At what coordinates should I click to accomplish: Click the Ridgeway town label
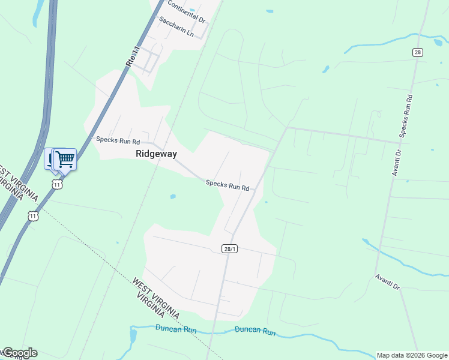pos(156,154)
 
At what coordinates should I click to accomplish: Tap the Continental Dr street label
pos(186,12)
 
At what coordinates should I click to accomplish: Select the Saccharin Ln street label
pos(176,26)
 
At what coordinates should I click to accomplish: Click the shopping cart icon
pos(65,160)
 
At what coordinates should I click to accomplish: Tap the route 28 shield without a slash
pos(417,53)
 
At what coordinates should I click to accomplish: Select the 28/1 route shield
pos(229,248)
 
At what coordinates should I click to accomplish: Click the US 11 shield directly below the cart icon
pos(57,185)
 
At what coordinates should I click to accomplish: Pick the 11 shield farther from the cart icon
pos(33,215)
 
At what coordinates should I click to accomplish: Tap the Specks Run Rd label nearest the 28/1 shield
pos(228,185)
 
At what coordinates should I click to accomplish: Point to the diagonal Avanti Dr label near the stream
pos(387,281)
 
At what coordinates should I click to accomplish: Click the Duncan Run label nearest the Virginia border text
pos(175,328)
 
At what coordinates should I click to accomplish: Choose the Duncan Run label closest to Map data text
pos(255,331)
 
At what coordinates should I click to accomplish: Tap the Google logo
pos(19,353)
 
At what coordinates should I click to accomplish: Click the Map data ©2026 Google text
pos(412,355)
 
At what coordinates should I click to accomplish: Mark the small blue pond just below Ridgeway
pos(173,196)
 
